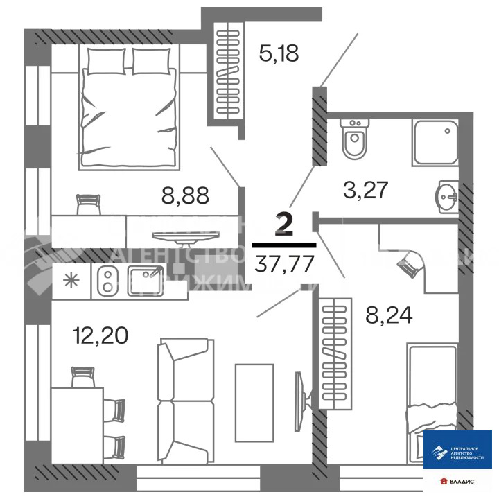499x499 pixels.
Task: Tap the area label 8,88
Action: pyautogui.click(x=185, y=194)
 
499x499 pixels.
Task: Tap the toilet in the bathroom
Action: pyautogui.click(x=355, y=141)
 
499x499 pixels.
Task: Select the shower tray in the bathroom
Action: pyautogui.click(x=435, y=141)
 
